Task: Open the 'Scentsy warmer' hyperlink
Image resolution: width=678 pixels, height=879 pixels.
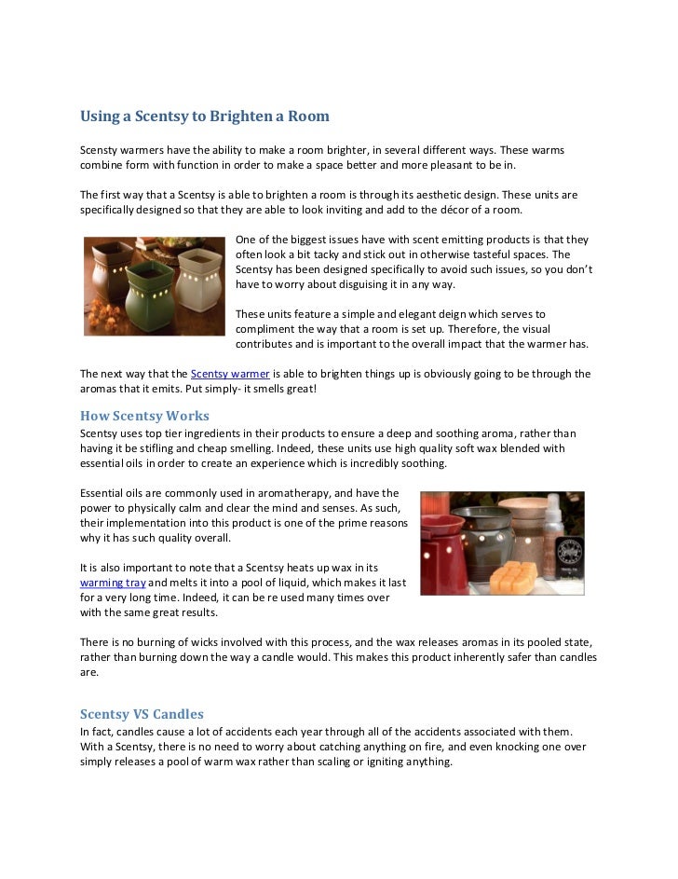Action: click(230, 374)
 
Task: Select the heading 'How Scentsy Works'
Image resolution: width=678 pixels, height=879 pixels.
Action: click(144, 416)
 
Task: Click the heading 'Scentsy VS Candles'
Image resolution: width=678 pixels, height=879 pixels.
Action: click(142, 714)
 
